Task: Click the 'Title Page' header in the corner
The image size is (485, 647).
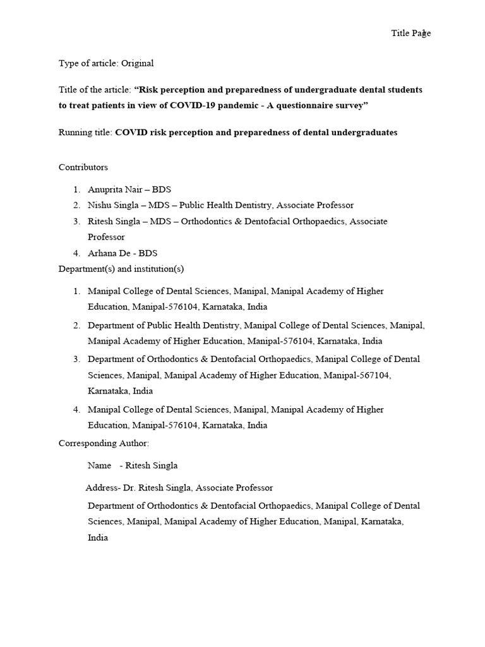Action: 410,33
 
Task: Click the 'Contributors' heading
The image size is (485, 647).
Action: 83,167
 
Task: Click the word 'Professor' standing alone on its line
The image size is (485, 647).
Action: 106,237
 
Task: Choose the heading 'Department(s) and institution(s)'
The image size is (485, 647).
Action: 121,269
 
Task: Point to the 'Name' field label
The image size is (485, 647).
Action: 99,466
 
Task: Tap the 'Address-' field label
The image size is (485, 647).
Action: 102,488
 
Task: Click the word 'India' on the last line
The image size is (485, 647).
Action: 98,538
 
